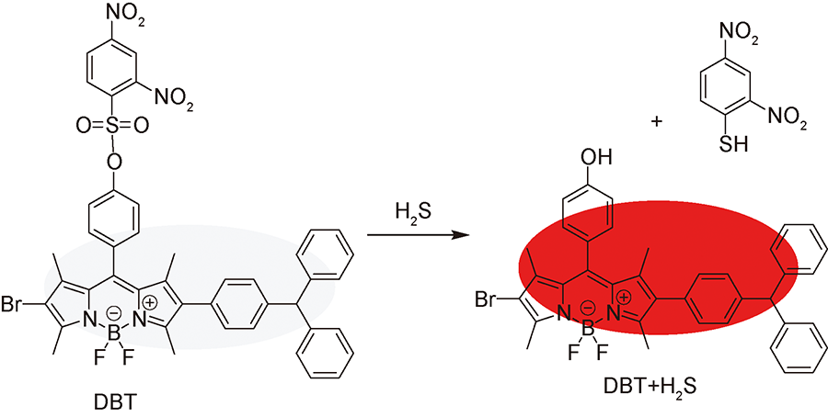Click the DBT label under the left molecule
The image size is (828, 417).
click(115, 404)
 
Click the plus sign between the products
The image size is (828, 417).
click(656, 122)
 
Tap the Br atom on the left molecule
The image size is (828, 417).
click(15, 304)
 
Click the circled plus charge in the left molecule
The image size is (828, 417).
click(150, 302)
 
